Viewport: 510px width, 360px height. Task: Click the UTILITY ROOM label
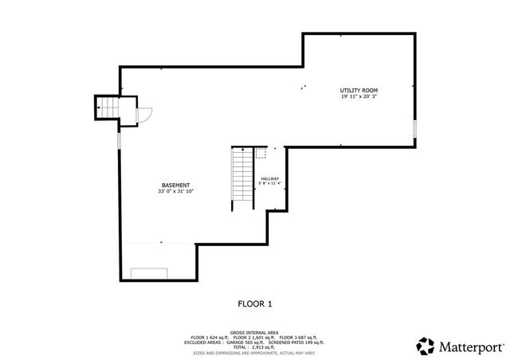click(358, 92)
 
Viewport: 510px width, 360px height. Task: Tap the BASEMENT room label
click(175, 186)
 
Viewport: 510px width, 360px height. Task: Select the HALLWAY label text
click(269, 178)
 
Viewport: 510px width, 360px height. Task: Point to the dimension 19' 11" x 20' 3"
click(358, 98)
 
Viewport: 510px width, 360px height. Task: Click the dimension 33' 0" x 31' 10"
click(175, 192)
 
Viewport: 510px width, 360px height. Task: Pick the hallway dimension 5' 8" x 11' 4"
click(269, 184)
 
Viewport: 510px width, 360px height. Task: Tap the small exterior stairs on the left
click(107, 108)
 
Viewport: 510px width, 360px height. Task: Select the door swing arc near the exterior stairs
click(143, 116)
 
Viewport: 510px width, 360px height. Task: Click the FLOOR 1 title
click(254, 303)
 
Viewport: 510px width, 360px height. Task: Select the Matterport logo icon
click(426, 346)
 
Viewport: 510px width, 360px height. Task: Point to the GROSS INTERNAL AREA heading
click(254, 332)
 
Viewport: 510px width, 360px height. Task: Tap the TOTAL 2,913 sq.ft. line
click(254, 346)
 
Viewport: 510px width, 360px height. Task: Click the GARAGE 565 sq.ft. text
click(245, 342)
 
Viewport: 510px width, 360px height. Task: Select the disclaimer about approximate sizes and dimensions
click(254, 351)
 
